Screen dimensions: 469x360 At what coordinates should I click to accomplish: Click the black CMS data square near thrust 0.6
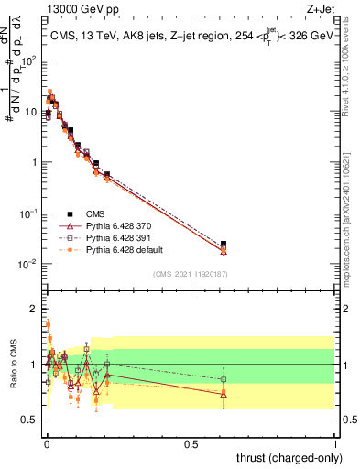pyautogui.click(x=224, y=244)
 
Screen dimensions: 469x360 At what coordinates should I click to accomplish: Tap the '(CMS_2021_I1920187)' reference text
pyautogui.click(x=190, y=273)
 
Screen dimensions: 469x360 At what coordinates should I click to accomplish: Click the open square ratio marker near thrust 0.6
pyautogui.click(x=224, y=379)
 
